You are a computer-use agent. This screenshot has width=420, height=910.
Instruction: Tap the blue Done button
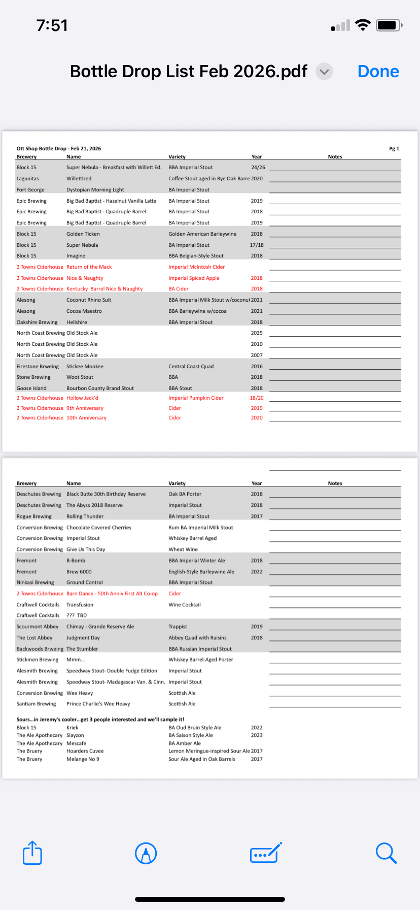[378, 72]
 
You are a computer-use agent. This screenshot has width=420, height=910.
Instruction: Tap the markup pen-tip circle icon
[146, 853]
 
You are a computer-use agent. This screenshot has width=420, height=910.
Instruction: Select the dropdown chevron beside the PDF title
[325, 72]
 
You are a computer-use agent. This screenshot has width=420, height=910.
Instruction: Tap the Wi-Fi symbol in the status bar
[363, 25]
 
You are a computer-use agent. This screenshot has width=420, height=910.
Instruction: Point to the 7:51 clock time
[52, 25]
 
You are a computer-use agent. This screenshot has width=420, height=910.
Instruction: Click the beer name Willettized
[79, 179]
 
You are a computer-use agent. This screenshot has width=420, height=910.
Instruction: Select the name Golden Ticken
[83, 234]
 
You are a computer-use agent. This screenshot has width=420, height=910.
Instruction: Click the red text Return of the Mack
[89, 267]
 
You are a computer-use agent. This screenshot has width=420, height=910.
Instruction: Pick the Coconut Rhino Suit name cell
[89, 300]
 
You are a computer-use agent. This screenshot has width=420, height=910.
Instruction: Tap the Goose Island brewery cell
[31, 388]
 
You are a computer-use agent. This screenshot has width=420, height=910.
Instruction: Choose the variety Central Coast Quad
[191, 367]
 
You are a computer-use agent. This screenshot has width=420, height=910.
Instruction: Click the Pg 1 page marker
[394, 149]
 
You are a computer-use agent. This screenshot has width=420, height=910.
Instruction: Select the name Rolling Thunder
[85, 516]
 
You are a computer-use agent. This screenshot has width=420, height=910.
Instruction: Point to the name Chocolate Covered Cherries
[99, 528]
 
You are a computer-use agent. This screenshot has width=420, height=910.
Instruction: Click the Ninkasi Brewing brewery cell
[36, 582]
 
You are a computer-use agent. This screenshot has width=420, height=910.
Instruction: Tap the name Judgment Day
[83, 638]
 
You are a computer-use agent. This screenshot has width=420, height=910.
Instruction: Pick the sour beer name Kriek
[73, 728]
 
